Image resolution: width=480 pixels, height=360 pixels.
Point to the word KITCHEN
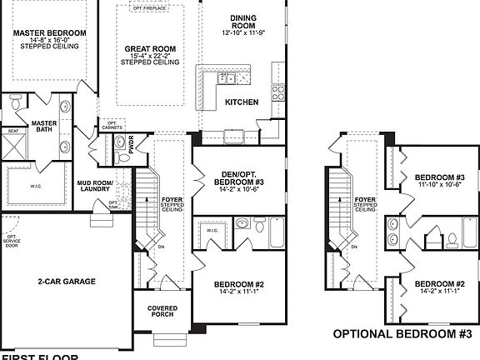[241, 102]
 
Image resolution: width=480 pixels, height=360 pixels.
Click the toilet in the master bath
[13, 105]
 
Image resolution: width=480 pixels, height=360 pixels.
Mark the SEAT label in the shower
[13, 131]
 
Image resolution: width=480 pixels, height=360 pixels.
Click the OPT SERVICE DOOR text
[12, 241]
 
